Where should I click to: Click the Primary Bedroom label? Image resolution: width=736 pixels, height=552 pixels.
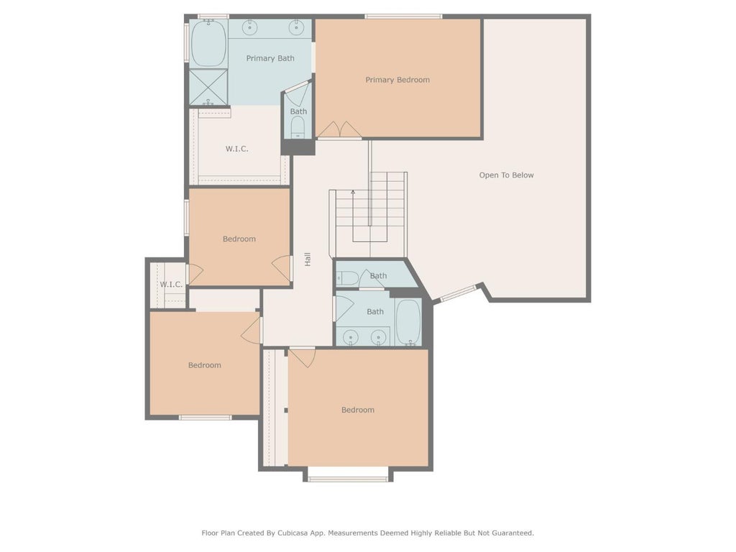point(397,80)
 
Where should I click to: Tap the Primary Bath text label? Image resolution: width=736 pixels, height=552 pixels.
point(270,58)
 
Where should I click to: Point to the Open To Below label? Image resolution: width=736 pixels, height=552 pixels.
point(507,175)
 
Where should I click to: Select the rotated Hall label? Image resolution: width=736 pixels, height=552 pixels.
point(308,259)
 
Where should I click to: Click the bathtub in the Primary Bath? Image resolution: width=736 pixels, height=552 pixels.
point(208,43)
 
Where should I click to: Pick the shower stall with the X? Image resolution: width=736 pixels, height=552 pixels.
point(208,87)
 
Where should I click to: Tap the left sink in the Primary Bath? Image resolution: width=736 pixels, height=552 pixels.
point(249,27)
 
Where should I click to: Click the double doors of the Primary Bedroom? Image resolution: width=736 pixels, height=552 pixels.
point(339,130)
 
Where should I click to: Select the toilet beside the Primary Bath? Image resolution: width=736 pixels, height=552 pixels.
point(298,126)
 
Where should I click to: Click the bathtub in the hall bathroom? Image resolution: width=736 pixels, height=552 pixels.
point(408,322)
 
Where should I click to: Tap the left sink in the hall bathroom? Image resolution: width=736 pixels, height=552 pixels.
point(351,337)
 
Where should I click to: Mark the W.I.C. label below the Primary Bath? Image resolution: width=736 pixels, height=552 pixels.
point(236,149)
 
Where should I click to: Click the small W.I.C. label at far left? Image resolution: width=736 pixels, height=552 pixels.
point(171,285)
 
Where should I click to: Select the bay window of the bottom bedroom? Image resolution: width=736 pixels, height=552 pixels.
point(349,479)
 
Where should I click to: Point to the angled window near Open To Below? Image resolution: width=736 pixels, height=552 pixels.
point(459,293)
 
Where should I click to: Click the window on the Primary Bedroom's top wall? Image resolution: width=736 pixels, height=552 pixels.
point(403,17)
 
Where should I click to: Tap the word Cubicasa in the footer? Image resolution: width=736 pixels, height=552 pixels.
point(294,533)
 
